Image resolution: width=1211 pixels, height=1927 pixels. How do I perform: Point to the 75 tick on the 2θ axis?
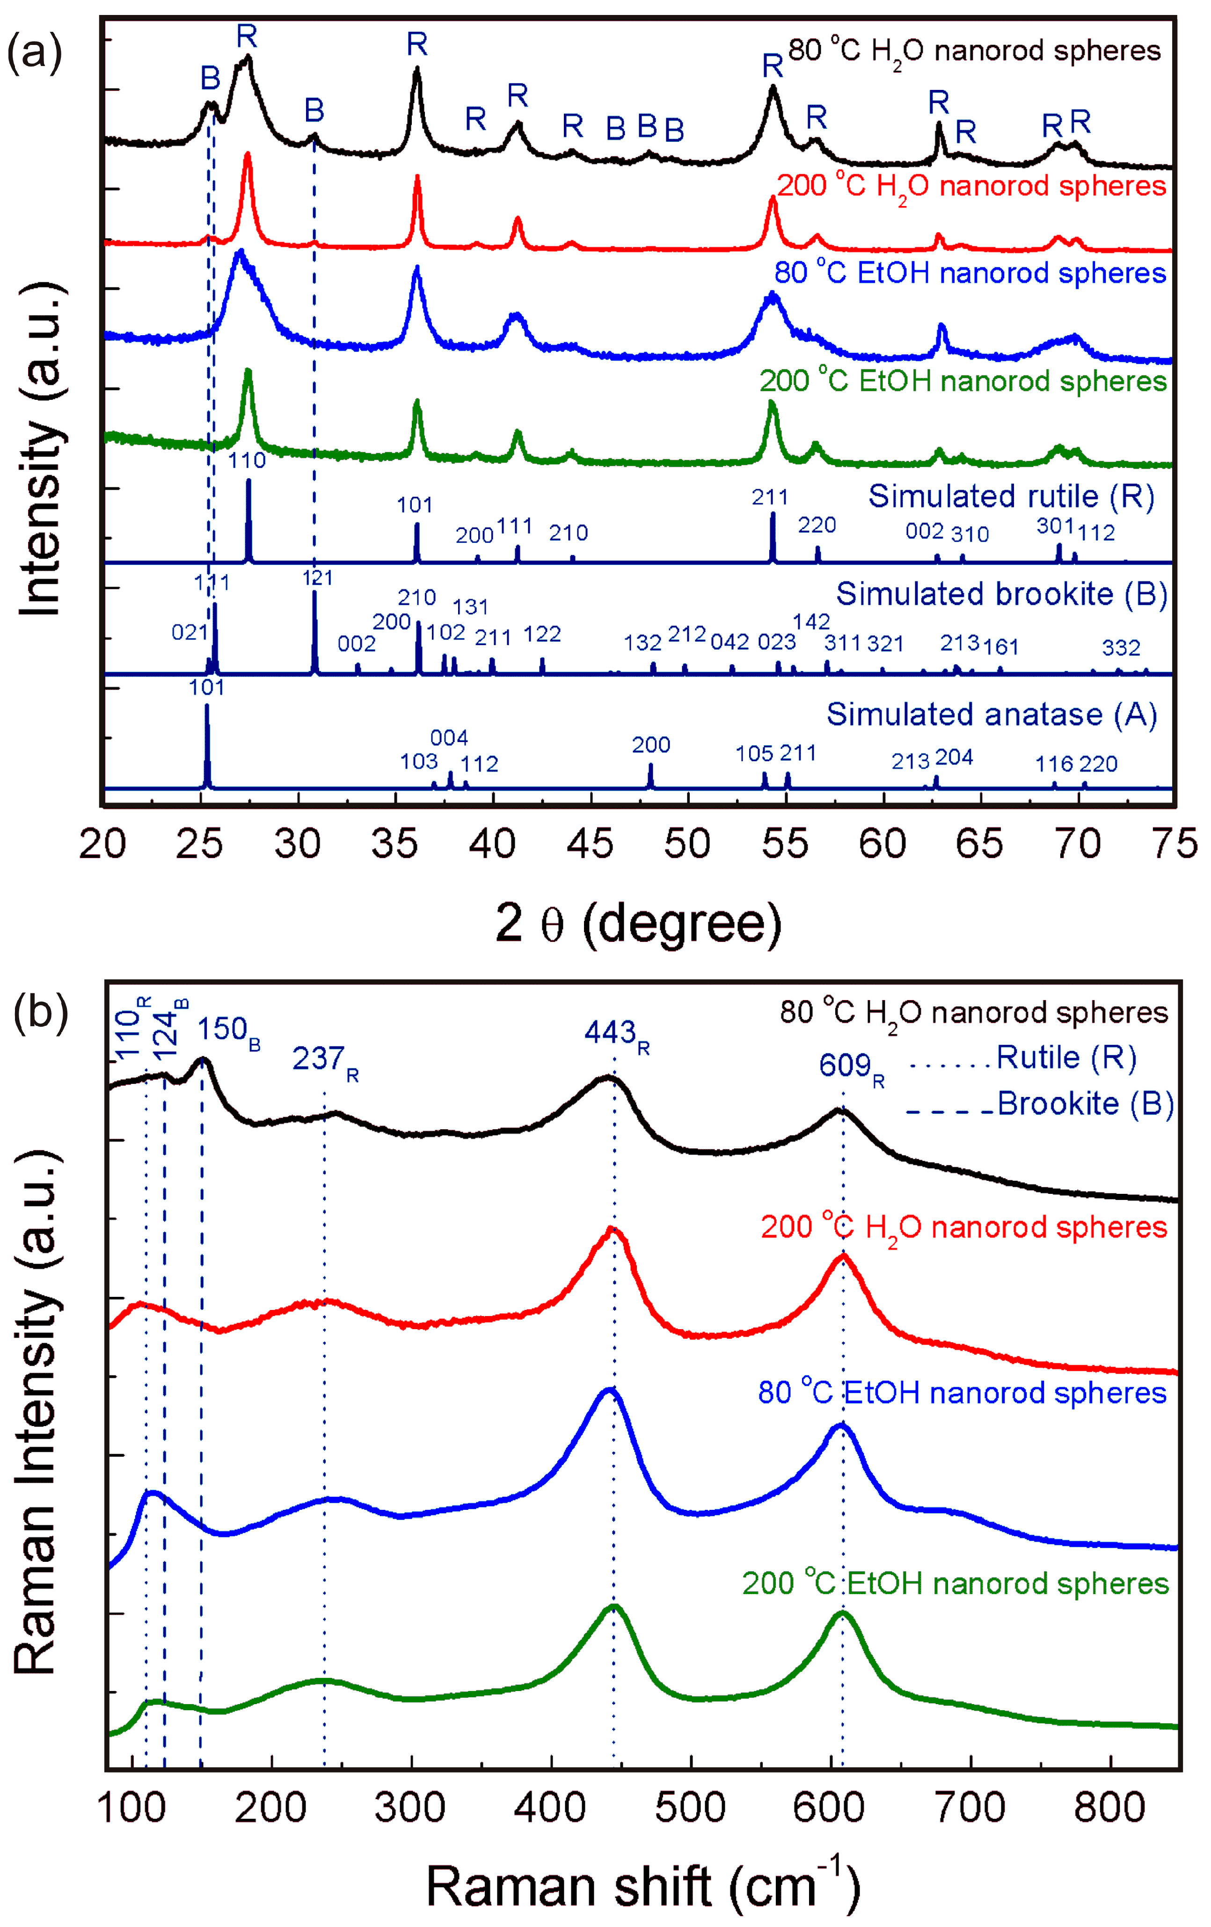tap(1176, 844)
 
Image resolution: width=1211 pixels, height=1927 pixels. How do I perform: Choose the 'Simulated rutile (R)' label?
tap(1011, 496)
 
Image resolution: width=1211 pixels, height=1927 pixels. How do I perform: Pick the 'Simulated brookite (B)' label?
tap(1001, 594)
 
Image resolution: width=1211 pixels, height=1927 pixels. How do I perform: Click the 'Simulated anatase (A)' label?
tap(992, 714)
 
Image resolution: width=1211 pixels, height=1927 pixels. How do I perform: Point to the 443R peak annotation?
tap(616, 1034)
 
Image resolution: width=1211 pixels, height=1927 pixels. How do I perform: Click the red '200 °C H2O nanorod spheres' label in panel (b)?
tap(964, 1227)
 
